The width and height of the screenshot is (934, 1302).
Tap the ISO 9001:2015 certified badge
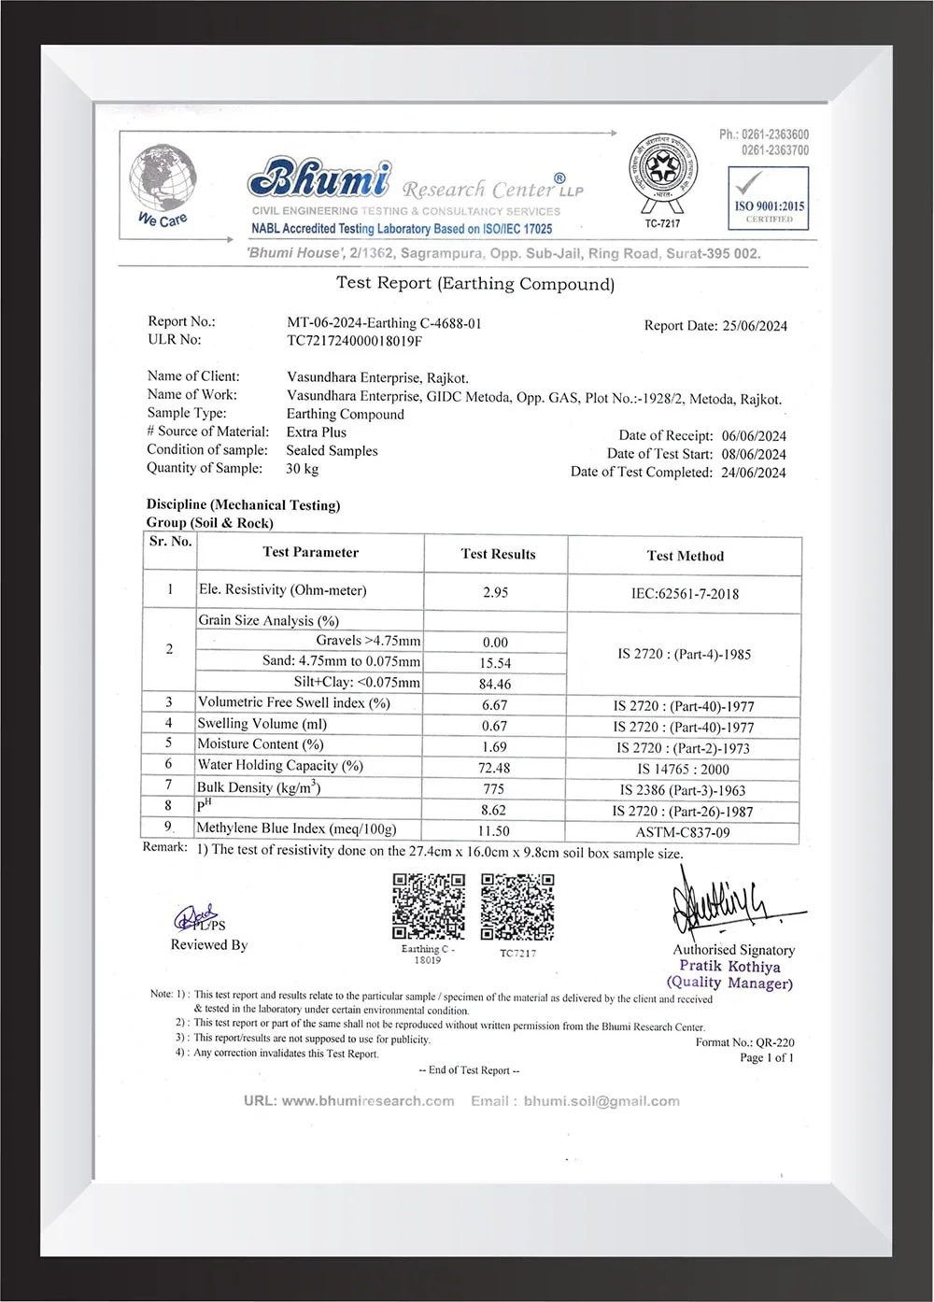point(768,198)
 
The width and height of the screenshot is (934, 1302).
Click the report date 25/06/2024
point(755,326)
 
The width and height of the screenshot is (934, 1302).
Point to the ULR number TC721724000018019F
point(354,341)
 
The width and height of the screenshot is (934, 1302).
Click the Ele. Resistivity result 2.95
point(495,592)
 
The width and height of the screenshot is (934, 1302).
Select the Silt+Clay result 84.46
point(494,684)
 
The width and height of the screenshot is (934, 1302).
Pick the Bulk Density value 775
point(494,789)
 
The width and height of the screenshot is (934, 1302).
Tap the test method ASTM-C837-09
point(683,832)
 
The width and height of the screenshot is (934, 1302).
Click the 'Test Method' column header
point(685,556)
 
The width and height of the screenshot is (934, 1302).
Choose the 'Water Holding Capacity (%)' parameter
point(279,766)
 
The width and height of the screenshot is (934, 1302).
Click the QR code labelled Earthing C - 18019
point(428,906)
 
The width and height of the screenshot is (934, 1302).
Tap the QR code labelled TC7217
point(517,906)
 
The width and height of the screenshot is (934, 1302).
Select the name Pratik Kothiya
point(729,967)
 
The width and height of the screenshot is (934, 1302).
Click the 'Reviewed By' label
point(209,945)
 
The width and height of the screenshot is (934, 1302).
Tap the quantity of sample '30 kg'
point(302,469)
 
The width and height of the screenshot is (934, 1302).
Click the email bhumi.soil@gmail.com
point(601,1101)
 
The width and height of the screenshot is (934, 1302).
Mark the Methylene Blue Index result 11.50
point(494,830)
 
